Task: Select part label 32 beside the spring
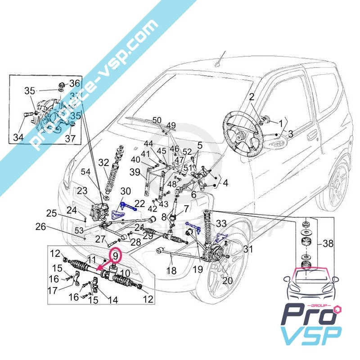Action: pos(104,162)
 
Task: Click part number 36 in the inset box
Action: pos(74,83)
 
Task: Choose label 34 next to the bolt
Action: pos(18,137)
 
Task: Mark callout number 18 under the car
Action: pos(171,271)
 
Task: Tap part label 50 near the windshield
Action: pos(156,120)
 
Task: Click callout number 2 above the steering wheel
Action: pos(252,96)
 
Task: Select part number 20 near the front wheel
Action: pos(228,280)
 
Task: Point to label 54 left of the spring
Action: pos(85,172)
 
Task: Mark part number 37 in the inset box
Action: pos(71,138)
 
